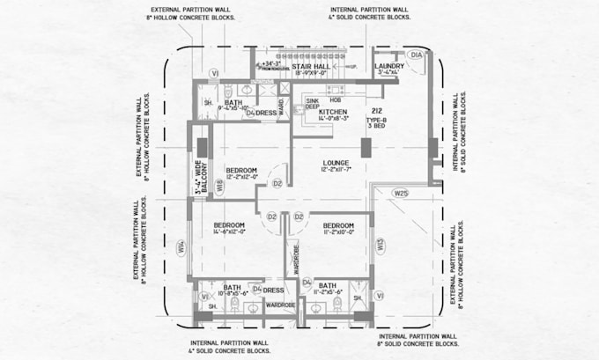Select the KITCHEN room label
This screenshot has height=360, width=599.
pos(332,113)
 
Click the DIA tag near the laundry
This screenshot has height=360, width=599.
pos(417,55)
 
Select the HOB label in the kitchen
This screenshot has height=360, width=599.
pos(336,99)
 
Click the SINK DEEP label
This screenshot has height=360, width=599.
pos(312,104)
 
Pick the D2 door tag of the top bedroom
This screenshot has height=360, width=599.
pos(276,183)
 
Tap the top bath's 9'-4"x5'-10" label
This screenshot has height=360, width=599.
pos(233,107)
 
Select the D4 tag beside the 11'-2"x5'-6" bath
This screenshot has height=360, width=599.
pos(307,282)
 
